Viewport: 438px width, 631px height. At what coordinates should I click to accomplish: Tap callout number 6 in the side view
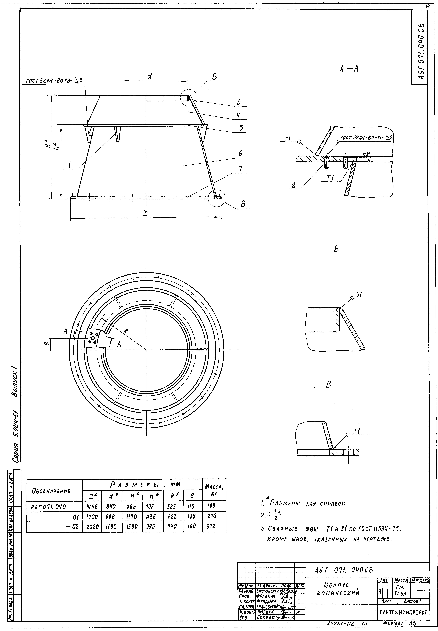click(240, 153)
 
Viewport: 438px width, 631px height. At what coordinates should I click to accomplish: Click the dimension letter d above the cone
click(150, 77)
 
